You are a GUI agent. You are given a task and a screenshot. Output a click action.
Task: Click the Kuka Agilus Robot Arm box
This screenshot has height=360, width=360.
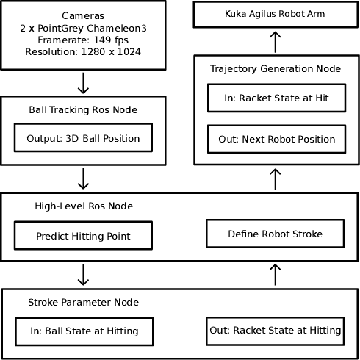pyautogui.click(x=276, y=15)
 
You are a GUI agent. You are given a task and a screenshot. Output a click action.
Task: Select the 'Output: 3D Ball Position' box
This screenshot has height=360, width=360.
pyautogui.click(x=83, y=137)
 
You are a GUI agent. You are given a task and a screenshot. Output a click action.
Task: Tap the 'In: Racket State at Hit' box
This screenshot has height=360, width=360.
pyautogui.click(x=275, y=98)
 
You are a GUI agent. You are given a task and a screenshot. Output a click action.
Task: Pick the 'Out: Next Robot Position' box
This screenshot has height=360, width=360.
pyautogui.click(x=275, y=139)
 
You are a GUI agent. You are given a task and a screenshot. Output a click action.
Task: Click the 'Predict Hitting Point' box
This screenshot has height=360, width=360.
pyautogui.click(x=83, y=236)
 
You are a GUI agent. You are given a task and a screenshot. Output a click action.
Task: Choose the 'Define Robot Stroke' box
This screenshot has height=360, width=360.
pyautogui.click(x=275, y=234)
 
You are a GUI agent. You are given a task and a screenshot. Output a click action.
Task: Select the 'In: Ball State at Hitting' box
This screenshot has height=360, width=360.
pyautogui.click(x=84, y=331)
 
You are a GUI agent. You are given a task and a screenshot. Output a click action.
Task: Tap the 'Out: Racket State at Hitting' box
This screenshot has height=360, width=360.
pyautogui.click(x=275, y=330)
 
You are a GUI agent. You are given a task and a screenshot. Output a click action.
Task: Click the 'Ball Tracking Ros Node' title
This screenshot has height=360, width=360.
pyautogui.click(x=83, y=110)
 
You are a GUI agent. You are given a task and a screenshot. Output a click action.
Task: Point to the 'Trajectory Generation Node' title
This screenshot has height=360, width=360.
pyautogui.click(x=275, y=68)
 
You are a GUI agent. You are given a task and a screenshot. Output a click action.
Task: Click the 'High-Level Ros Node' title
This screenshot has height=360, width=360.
pyautogui.click(x=84, y=206)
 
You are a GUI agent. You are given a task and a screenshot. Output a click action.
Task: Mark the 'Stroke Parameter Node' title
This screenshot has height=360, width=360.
pyautogui.click(x=83, y=302)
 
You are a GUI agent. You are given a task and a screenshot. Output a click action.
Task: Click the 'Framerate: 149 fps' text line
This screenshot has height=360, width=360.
pyautogui.click(x=83, y=40)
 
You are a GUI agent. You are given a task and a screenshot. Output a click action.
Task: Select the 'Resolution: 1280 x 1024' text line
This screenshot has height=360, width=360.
pyautogui.click(x=83, y=52)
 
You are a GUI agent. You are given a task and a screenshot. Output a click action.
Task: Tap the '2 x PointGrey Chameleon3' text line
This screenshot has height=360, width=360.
pyautogui.click(x=83, y=28)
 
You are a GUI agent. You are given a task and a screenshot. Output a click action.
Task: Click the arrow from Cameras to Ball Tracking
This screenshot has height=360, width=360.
pyautogui.click(x=83, y=83)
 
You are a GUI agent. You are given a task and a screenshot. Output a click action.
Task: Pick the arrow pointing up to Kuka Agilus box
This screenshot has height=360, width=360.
pyautogui.click(x=276, y=42)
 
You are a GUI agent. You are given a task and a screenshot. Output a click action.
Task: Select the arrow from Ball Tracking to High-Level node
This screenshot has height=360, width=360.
pyautogui.click(x=83, y=179)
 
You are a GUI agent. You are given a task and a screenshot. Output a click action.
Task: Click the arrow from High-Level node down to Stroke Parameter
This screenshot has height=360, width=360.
pyautogui.click(x=83, y=275)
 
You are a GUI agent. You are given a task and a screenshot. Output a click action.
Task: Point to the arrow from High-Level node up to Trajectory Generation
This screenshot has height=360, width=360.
pyautogui.click(x=276, y=179)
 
